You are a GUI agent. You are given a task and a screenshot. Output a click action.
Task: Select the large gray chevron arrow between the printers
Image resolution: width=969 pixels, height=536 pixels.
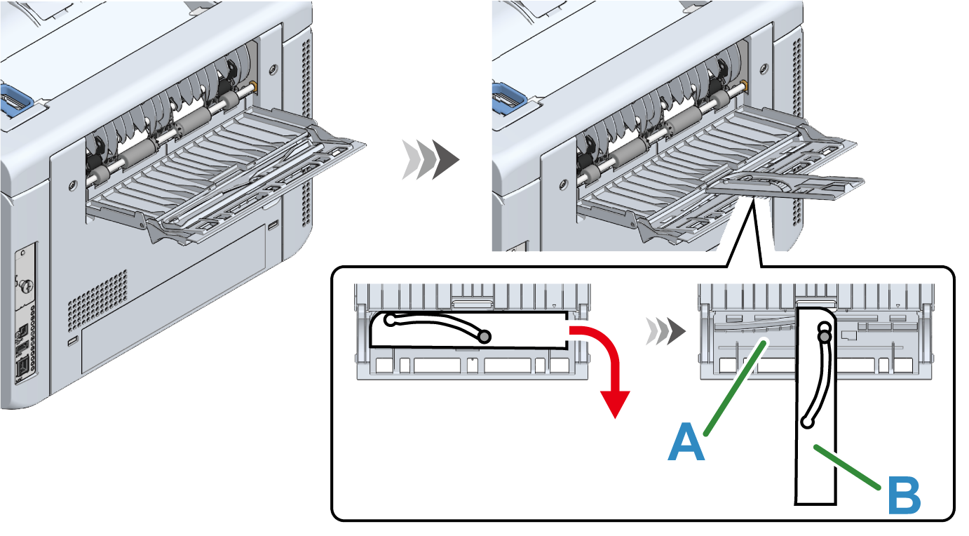(x=430, y=160)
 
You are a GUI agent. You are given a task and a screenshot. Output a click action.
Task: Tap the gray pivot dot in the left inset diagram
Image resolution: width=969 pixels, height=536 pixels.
(x=484, y=337)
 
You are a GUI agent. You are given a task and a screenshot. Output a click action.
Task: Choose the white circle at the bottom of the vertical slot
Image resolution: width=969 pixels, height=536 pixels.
(x=807, y=422)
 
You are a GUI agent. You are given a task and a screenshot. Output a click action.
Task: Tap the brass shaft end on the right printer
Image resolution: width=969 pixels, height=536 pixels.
(x=743, y=86)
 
